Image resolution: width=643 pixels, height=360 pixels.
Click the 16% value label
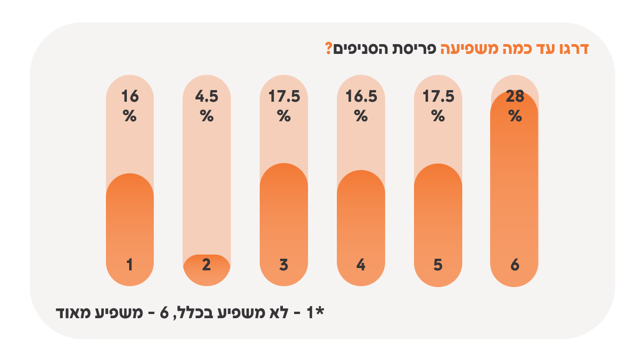coord(130,105)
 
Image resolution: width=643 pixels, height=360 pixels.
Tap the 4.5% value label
coord(207,105)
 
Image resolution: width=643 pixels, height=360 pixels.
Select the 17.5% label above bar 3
coord(284,105)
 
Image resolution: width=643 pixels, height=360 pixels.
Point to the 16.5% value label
coord(361,105)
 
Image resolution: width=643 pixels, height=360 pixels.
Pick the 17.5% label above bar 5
coord(438,105)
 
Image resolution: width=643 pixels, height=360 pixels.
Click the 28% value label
coord(515,105)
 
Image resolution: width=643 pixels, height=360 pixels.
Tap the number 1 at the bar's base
coord(130,265)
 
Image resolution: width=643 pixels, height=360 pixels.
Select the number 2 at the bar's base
coord(207,265)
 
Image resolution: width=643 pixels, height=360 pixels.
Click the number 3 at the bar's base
coord(284,265)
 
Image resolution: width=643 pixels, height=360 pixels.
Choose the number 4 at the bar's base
coord(361,265)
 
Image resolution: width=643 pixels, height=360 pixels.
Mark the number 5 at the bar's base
coord(438,265)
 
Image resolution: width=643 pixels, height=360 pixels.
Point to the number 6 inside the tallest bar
coord(515,265)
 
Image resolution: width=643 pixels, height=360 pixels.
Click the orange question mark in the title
coord(328,48)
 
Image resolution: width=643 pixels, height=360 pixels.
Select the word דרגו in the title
coord(572,49)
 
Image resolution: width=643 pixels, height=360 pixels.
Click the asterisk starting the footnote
coord(319,310)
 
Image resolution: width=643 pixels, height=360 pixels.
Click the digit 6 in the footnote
coord(165,312)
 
